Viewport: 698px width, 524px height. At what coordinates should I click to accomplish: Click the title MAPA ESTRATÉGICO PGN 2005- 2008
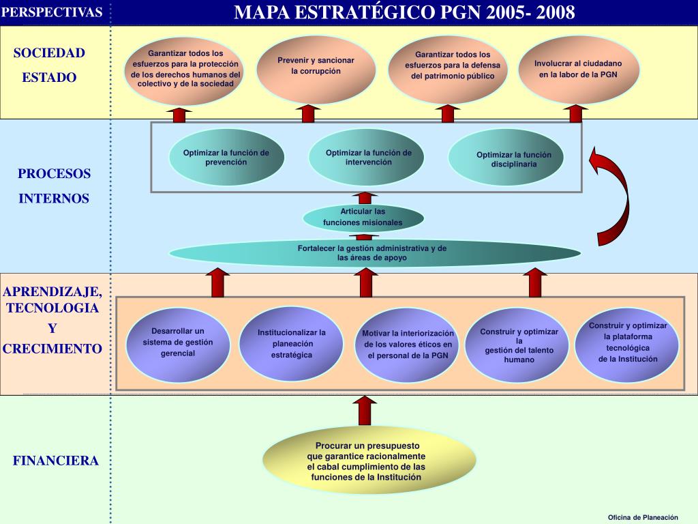[x=404, y=12]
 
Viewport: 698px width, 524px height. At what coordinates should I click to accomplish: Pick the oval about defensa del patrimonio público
[x=448, y=70]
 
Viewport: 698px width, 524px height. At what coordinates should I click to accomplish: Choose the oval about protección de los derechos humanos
[x=185, y=71]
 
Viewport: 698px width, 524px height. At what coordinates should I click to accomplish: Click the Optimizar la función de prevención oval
[x=226, y=157]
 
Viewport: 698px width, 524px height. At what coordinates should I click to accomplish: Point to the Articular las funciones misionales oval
[x=363, y=218]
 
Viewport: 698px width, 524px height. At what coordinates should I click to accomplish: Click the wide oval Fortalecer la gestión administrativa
[x=374, y=253]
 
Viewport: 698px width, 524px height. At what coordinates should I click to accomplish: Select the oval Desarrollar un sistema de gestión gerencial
[x=178, y=345]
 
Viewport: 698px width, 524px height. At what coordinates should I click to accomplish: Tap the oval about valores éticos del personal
[x=408, y=345]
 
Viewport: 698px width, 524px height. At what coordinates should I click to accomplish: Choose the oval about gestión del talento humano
[x=519, y=345]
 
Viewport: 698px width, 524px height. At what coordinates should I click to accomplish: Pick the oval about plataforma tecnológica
[x=627, y=344]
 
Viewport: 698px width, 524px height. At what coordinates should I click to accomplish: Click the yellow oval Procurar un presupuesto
[x=369, y=461]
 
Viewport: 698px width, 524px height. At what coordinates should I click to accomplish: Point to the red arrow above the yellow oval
[x=365, y=411]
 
